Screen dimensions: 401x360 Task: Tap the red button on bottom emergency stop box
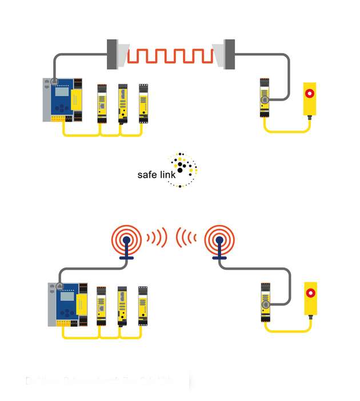(x=311, y=293)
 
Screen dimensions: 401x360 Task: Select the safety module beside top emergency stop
(x=265, y=98)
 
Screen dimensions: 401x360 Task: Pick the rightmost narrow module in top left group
(x=143, y=103)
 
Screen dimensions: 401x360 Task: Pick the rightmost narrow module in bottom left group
(x=143, y=306)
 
